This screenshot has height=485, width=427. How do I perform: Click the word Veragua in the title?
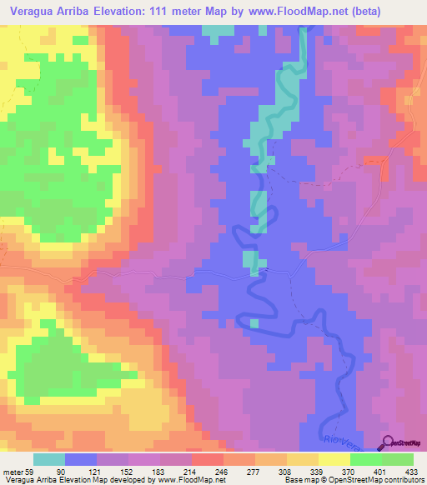click(x=33, y=12)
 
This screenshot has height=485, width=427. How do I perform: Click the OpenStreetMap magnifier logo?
click(x=388, y=443)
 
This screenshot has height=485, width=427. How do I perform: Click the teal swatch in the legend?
click(x=49, y=460)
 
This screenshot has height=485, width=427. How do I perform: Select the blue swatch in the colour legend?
click(x=81, y=460)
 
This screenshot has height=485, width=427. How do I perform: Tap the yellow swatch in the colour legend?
click(x=334, y=460)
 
